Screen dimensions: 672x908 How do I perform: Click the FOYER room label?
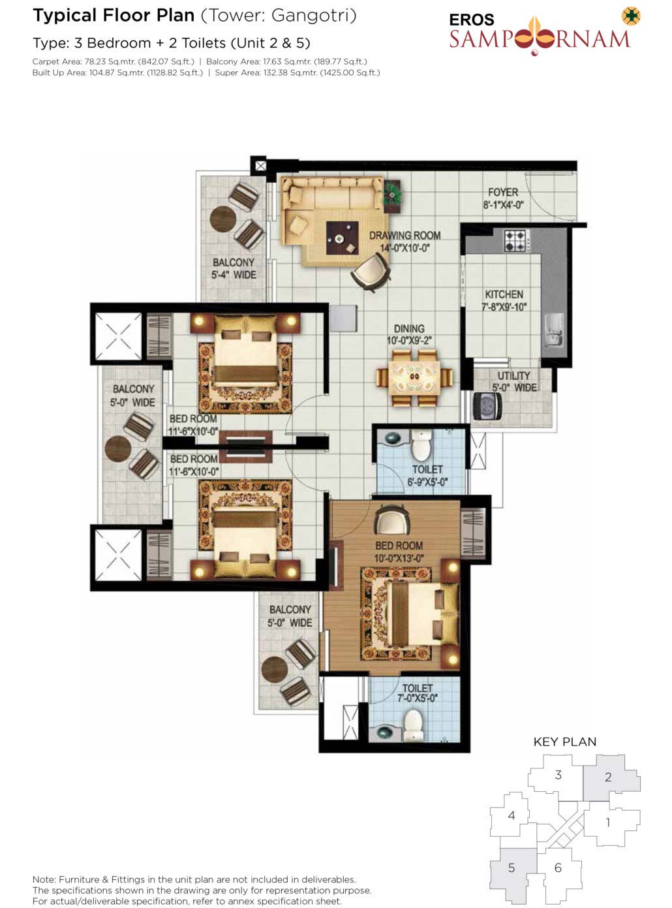[x=503, y=192]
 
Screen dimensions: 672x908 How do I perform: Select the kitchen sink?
[x=554, y=330]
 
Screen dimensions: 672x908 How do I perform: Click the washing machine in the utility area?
[x=487, y=407]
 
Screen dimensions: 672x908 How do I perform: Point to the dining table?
[x=414, y=377]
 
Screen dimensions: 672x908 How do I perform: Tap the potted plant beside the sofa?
[x=392, y=196]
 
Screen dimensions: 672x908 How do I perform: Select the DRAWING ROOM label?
[x=405, y=236]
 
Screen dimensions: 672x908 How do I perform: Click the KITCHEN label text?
[x=504, y=294]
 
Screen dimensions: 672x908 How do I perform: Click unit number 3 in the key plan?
[x=558, y=775]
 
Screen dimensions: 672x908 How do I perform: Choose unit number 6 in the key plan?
[x=558, y=868]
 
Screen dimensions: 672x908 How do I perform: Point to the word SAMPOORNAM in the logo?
[x=540, y=38]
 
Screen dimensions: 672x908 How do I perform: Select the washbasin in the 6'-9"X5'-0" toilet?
[x=393, y=438]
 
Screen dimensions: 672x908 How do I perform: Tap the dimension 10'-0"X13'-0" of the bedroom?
[x=399, y=558]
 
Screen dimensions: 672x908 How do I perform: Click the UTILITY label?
[x=513, y=375]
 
